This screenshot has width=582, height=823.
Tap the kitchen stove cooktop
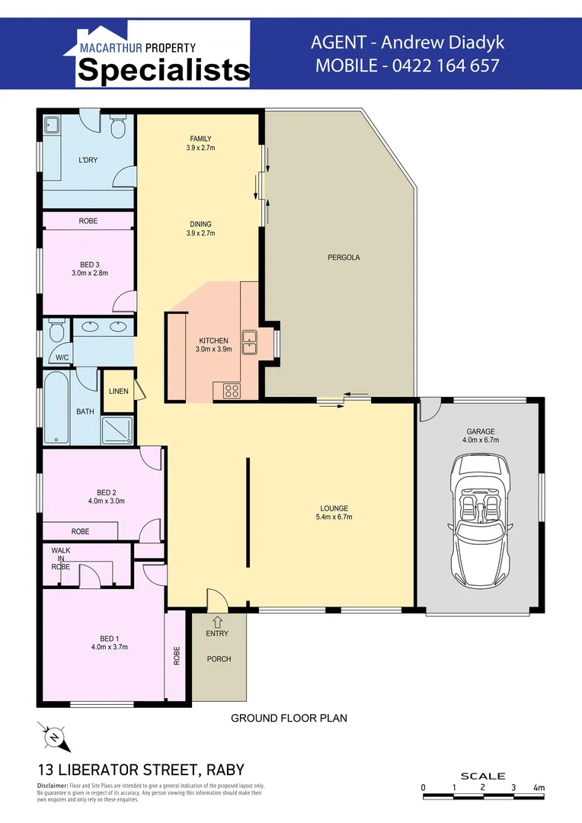pyautogui.click(x=232, y=392)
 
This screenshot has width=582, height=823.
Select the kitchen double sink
pyautogui.click(x=249, y=342)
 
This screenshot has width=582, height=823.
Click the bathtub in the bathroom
pyautogui.click(x=56, y=408)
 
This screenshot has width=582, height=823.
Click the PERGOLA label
pyautogui.click(x=344, y=258)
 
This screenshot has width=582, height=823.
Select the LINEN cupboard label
pyautogui.click(x=118, y=391)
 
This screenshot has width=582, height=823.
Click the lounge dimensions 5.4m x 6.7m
pyautogui.click(x=334, y=517)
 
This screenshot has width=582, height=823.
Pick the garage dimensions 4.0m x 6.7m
pyautogui.click(x=480, y=440)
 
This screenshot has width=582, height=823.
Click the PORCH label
pyautogui.click(x=219, y=659)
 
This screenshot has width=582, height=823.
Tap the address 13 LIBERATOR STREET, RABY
pyautogui.click(x=141, y=770)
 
